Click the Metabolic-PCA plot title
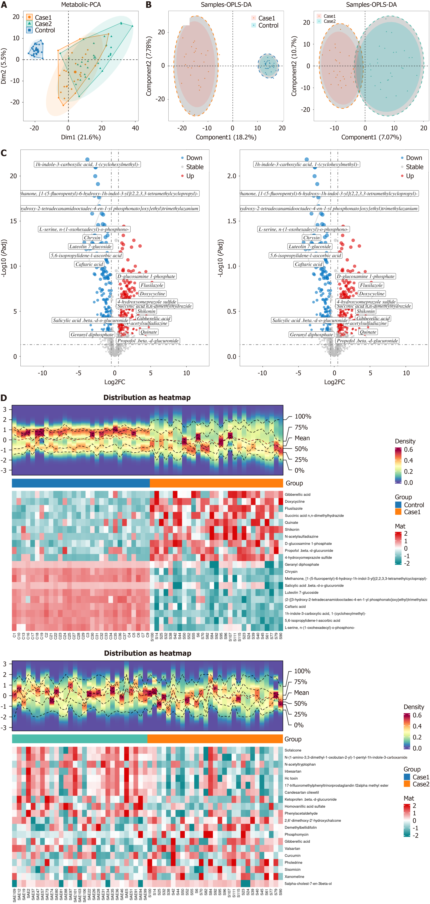pos(81,5)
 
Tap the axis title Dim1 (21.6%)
pos(81,137)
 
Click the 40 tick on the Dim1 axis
pos(135,128)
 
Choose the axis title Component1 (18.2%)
pos(226,137)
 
